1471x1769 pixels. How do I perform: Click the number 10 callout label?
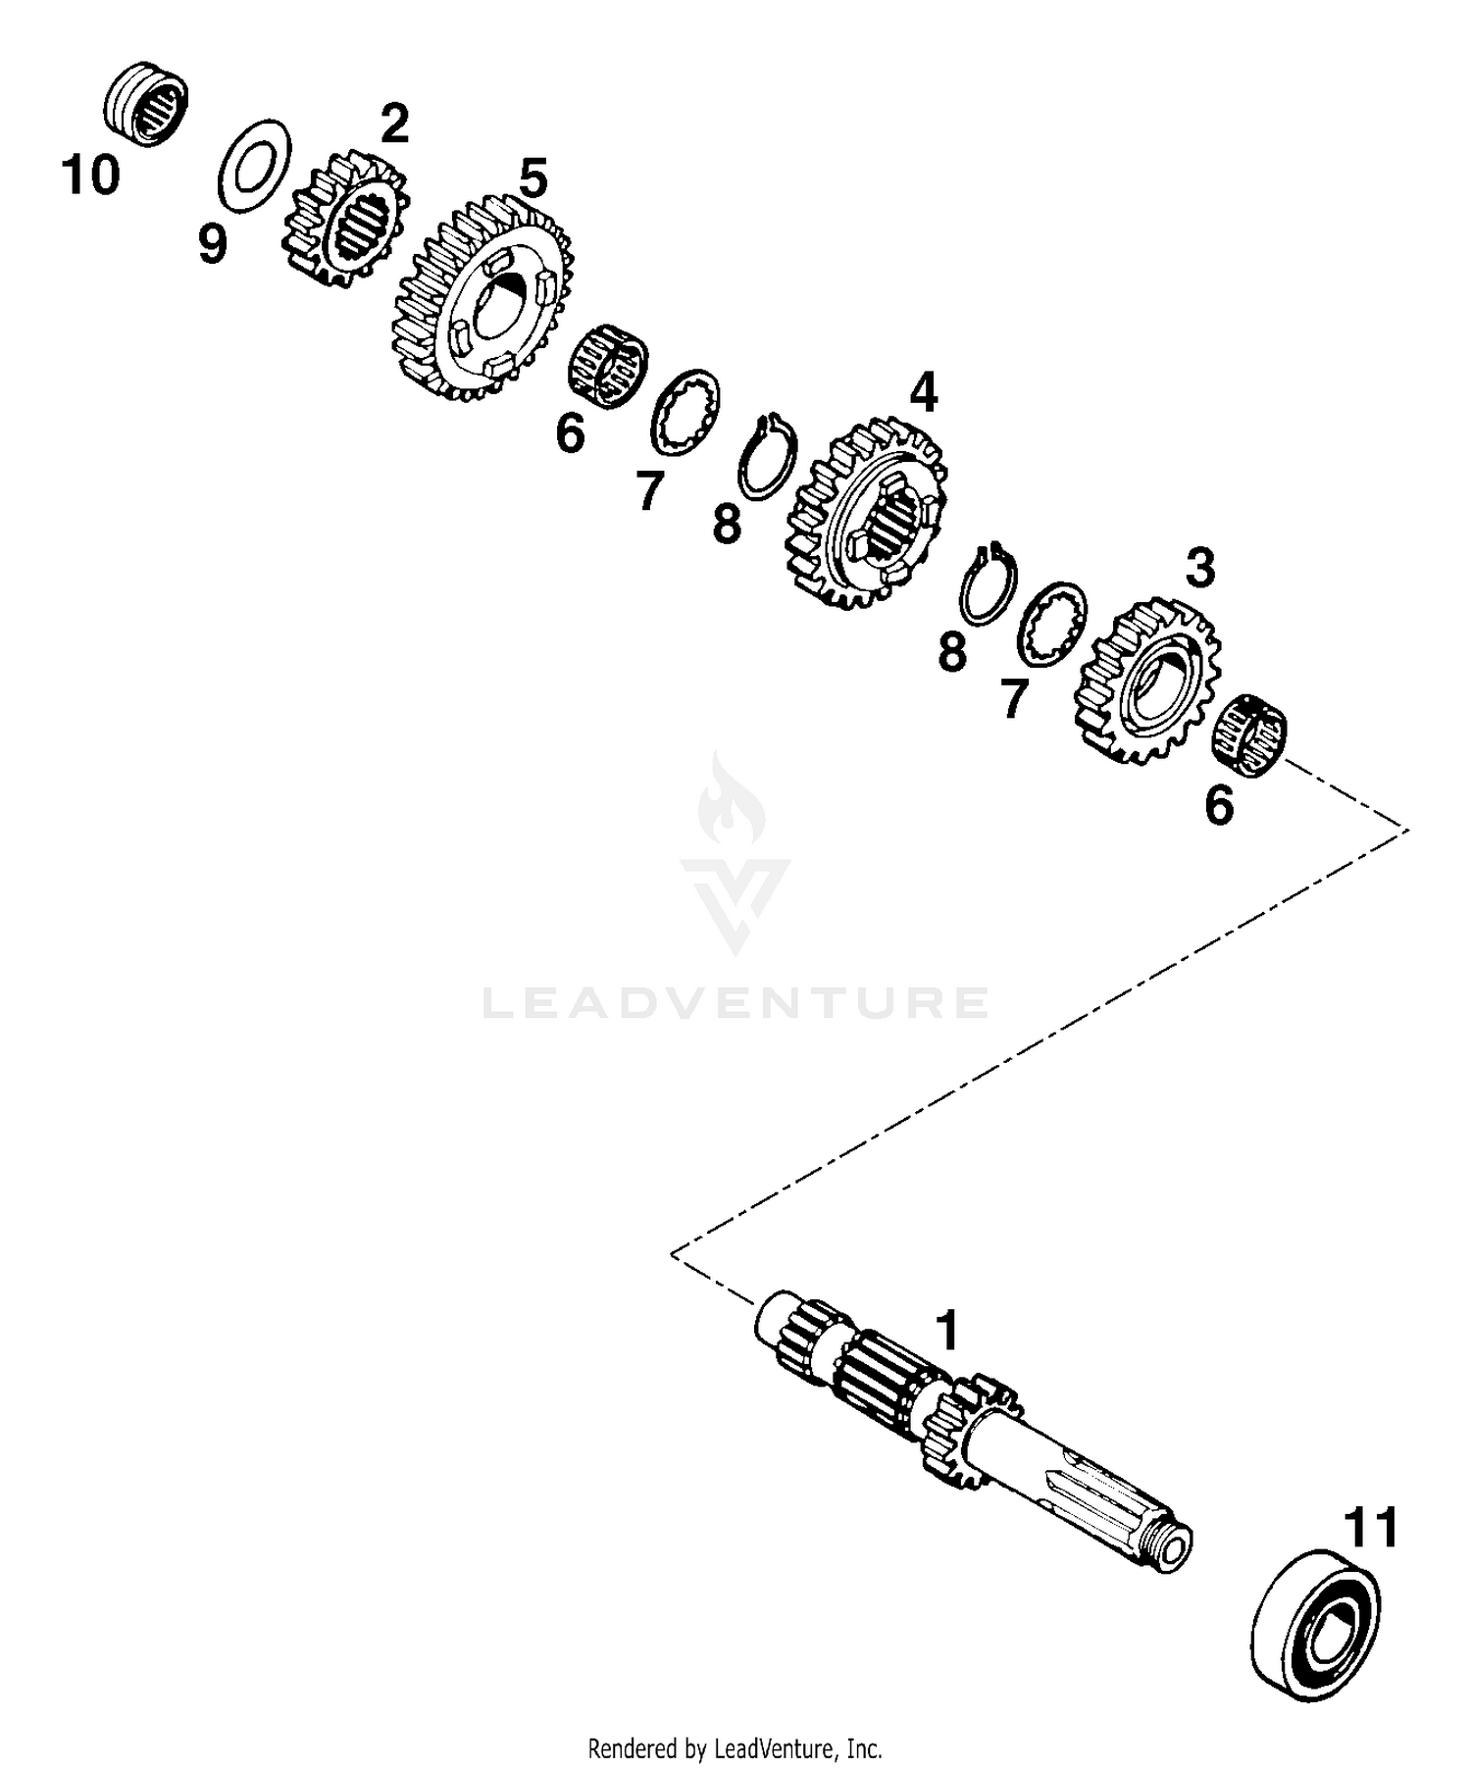pyautogui.click(x=90, y=177)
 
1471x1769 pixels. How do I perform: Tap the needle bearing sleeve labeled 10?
pyautogui.click(x=146, y=103)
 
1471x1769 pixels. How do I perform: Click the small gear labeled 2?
pyautogui.click(x=346, y=222)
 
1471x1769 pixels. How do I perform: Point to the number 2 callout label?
pyautogui.click(x=393, y=125)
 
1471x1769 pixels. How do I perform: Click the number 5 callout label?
pyautogui.click(x=533, y=180)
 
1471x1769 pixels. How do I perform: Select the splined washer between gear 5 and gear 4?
pyautogui.click(x=686, y=414)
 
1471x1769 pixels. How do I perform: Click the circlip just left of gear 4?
pyautogui.click(x=768, y=457)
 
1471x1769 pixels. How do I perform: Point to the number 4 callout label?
pyautogui.click(x=923, y=393)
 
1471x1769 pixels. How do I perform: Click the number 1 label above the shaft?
pyautogui.click(x=946, y=1332)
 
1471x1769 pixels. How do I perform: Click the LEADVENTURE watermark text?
pyautogui.click(x=735, y=1002)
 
